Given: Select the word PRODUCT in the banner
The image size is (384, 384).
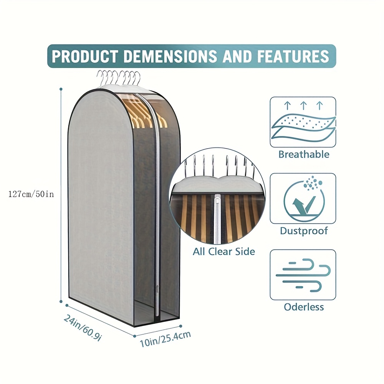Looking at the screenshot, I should point(84,56).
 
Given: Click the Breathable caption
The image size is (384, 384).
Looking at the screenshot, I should point(304,155).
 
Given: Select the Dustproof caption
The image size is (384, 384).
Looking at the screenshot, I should point(304,231).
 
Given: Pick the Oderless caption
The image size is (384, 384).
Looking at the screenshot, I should point(304,307).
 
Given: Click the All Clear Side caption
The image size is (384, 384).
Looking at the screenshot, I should point(224,252).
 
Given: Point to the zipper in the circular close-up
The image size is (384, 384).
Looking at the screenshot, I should point(218,217).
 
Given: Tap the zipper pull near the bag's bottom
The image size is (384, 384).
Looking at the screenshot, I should point(156,289).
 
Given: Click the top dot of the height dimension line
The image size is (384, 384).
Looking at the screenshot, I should point(61,89).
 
